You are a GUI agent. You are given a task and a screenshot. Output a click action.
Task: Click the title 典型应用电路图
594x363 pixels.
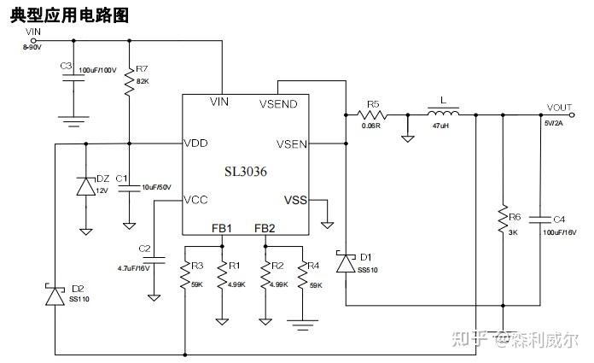pyautogui.click(x=69, y=15)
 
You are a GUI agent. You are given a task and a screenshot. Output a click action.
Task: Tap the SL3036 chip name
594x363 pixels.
pyautogui.click(x=245, y=172)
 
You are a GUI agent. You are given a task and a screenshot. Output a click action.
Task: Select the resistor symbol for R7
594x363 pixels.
pyautogui.click(x=130, y=84)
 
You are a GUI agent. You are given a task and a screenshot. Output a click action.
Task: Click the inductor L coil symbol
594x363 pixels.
pyautogui.click(x=442, y=112)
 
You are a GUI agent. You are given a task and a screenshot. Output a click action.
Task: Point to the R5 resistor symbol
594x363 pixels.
pyautogui.click(x=372, y=113)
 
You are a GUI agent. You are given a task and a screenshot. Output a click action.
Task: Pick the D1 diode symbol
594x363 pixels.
pyautogui.click(x=345, y=263)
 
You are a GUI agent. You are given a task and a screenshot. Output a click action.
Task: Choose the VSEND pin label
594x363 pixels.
pyautogui.click(x=278, y=103)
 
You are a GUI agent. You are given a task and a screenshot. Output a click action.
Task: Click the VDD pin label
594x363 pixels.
pyautogui.click(x=195, y=143)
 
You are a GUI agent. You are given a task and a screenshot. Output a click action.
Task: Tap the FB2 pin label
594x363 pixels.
pyautogui.click(x=265, y=228)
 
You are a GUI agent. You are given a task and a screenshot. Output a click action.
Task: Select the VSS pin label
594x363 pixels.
pyautogui.click(x=294, y=200)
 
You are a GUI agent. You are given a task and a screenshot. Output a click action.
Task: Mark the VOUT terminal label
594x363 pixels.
pyautogui.click(x=560, y=108)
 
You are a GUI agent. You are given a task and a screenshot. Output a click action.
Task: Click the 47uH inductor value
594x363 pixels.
pyautogui.click(x=441, y=126)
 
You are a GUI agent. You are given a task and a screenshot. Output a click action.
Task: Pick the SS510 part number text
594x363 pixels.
pyautogui.click(x=368, y=270)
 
